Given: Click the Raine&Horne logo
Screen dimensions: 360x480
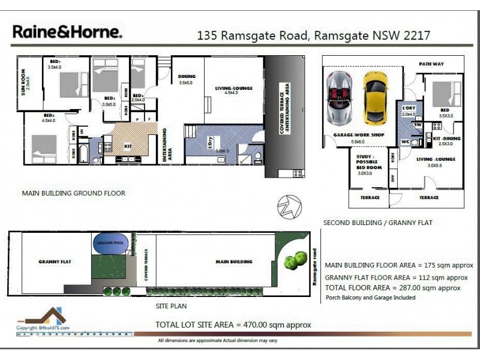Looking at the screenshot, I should tap(67, 32).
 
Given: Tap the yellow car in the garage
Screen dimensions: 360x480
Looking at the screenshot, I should tap(376, 93).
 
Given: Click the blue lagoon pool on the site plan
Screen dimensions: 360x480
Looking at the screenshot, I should tap(110, 242).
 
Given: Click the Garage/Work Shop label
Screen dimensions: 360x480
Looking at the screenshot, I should tap(359, 135).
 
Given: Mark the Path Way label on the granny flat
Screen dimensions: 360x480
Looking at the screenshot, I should tap(431, 64).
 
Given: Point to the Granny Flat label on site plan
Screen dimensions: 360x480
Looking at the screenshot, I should tap(55, 262).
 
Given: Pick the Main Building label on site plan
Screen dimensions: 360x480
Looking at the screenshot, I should tap(234, 262).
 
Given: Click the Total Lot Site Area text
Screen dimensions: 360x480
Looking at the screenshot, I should tap(233, 325).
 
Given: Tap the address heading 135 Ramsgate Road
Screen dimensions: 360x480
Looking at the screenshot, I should tap(313, 35).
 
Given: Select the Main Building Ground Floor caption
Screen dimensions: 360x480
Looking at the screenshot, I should tap(73, 193).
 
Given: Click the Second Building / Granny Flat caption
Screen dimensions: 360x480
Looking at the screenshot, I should tap(377, 223).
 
